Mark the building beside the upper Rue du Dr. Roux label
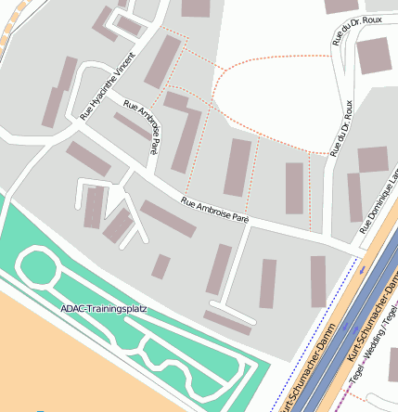coord(375,57)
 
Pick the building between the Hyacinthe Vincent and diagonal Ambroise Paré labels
coord(131,126)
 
